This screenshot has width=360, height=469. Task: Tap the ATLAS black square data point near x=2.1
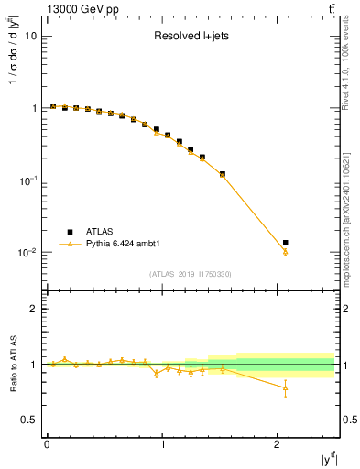(x=285, y=243)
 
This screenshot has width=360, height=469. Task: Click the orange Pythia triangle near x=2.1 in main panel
(x=285, y=252)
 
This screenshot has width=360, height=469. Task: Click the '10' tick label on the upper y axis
(x=30, y=37)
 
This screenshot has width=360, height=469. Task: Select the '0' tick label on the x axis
(x=47, y=444)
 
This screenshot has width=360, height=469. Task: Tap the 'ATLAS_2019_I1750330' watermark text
(x=191, y=274)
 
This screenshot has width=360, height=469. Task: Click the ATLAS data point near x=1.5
(x=222, y=173)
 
